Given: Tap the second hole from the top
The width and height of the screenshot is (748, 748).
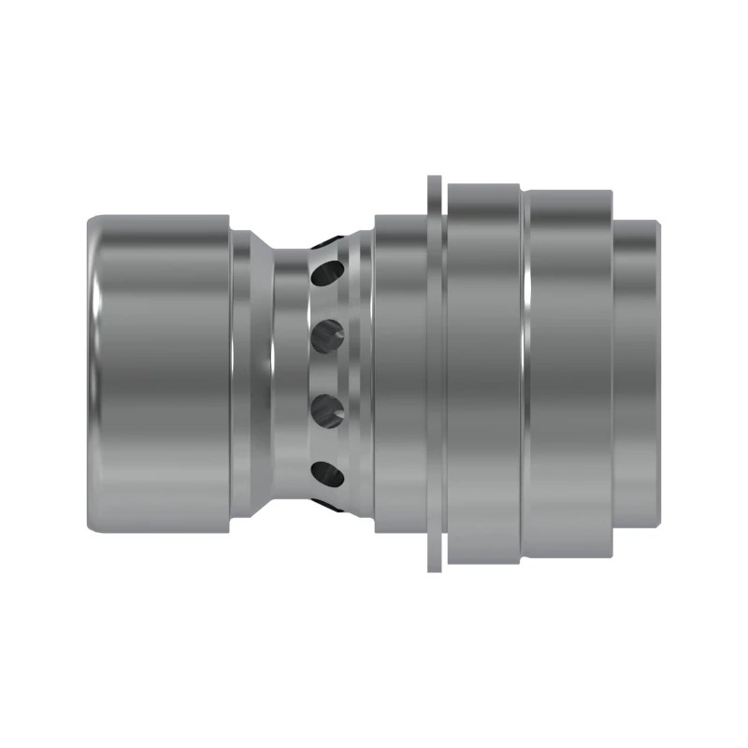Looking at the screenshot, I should tap(327, 333).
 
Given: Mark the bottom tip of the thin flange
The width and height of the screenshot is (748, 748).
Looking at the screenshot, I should tap(434, 567).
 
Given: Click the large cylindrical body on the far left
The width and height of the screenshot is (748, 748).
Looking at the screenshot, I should tap(159, 374).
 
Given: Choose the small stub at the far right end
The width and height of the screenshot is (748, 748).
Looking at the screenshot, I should tap(639, 374).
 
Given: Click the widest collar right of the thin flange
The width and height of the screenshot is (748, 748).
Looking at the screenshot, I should tap(483, 374).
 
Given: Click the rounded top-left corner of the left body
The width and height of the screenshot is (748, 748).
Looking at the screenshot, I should tap(93, 223).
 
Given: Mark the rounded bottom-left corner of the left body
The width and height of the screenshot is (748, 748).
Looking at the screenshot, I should tap(93, 525).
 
